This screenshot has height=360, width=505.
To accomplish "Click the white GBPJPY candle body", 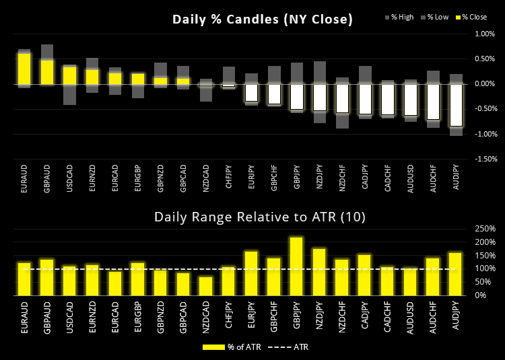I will pyautogui.click(x=296, y=96).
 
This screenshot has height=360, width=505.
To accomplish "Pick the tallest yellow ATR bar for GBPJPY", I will pyautogui.click(x=296, y=266).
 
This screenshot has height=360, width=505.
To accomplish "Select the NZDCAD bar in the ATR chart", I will pyautogui.click(x=206, y=286).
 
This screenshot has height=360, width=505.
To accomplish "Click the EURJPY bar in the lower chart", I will pyautogui.click(x=251, y=273).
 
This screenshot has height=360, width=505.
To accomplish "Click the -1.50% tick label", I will pyautogui.click(x=484, y=159).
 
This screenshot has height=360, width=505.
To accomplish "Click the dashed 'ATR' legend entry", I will pyautogui.click(x=290, y=347).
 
